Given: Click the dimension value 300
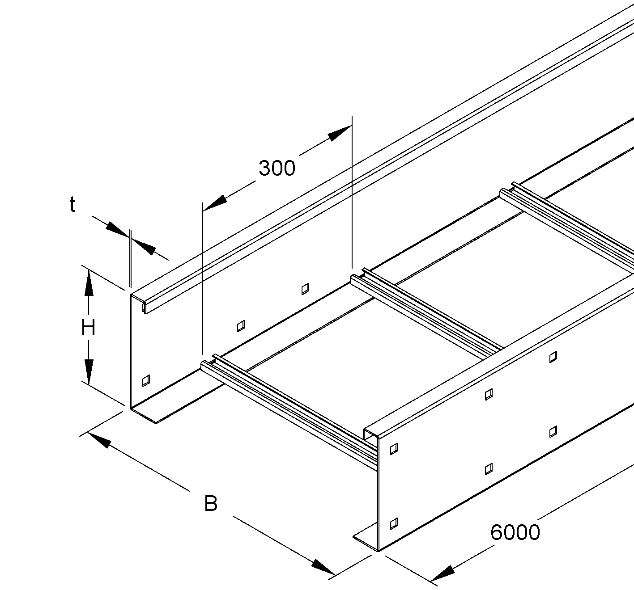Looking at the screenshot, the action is pos(277,169).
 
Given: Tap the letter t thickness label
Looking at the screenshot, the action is pos(72,204).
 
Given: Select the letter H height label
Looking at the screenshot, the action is pos(88,328).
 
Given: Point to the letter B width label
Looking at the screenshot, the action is pos(211,504).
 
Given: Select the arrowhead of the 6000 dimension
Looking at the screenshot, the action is pos(443,576).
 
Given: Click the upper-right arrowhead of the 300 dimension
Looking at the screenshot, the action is pos(340,133).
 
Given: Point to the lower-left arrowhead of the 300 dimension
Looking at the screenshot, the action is pos(215,203).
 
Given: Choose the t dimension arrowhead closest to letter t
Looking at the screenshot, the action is pos(118,229).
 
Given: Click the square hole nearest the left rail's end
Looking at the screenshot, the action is pos(146,380).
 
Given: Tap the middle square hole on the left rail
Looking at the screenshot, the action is pos(241,326).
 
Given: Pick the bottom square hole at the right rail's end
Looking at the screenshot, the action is pos(394,523).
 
